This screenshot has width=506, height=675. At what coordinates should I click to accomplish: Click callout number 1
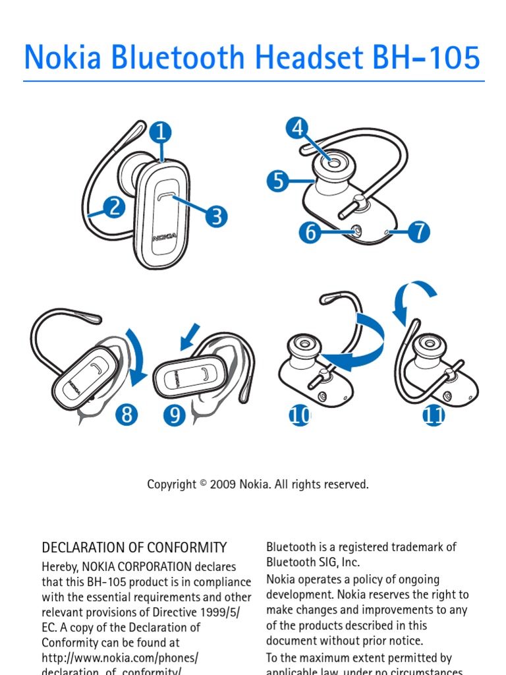click(x=160, y=133)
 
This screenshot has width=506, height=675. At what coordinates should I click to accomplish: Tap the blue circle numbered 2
click(x=114, y=208)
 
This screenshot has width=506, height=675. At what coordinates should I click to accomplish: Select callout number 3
click(x=216, y=216)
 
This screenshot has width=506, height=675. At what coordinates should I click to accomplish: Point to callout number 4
click(x=298, y=128)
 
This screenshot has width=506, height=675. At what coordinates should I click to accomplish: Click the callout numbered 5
click(x=279, y=180)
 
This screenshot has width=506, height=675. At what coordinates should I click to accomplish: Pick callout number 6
click(x=309, y=232)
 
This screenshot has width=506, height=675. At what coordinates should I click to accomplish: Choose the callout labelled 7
click(x=418, y=232)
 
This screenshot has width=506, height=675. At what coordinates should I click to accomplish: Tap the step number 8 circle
click(x=126, y=415)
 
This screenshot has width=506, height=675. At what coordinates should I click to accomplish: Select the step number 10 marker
click(x=300, y=416)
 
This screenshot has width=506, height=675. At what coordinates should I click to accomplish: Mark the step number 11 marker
click(x=434, y=416)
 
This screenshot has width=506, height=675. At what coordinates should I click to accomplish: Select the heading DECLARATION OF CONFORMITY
click(x=134, y=548)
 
